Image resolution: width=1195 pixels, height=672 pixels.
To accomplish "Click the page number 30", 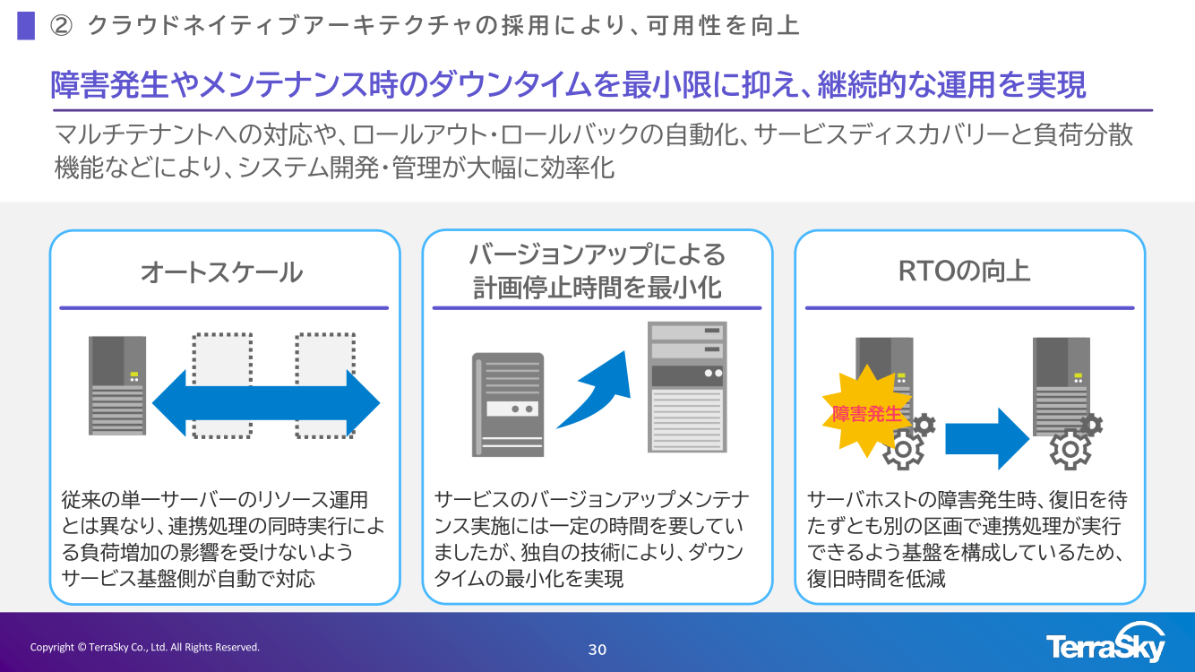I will coord(597,650).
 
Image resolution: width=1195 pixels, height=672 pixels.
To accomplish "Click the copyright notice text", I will coord(145,647).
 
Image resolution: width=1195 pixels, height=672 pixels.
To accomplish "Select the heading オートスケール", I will coord(221,272).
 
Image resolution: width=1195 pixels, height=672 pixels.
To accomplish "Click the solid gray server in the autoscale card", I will coord(117,385).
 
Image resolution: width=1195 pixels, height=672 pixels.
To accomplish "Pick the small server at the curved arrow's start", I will coord(508,405).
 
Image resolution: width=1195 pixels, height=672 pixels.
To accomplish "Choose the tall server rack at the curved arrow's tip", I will coord(687,386).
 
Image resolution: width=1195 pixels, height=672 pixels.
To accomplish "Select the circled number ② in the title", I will coord(60,26).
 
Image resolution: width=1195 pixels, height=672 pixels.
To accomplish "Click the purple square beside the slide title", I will coord(26,26).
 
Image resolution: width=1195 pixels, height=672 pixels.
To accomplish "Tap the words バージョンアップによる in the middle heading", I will coord(597,255).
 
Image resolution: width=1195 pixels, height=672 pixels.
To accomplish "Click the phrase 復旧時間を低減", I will coord(876,579).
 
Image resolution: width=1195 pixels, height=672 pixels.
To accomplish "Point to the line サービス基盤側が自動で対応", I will coord(188,578).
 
